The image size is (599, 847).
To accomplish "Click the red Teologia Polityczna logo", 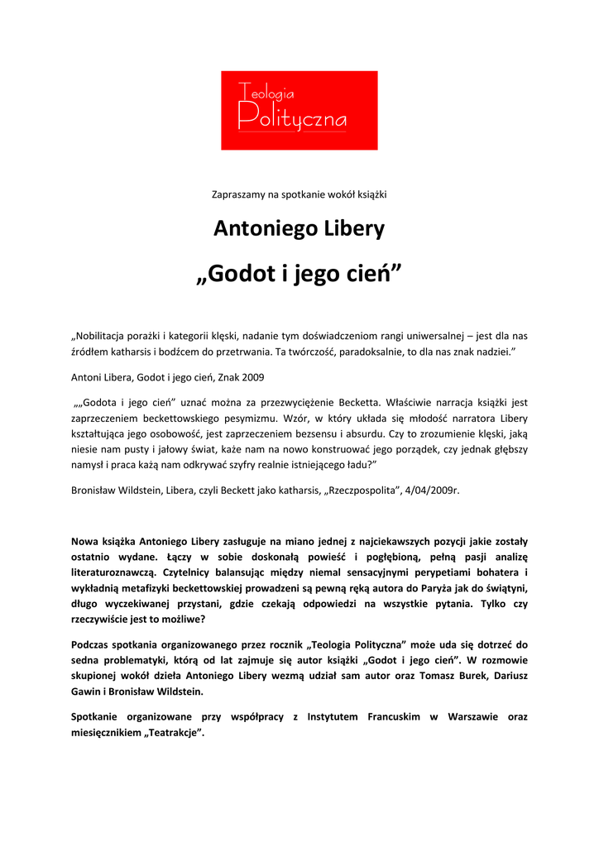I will (x=299, y=110).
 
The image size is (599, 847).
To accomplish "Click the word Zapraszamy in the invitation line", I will (x=238, y=194).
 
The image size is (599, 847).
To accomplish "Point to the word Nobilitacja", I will (x=102, y=336).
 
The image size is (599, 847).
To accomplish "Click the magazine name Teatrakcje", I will (x=174, y=732).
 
